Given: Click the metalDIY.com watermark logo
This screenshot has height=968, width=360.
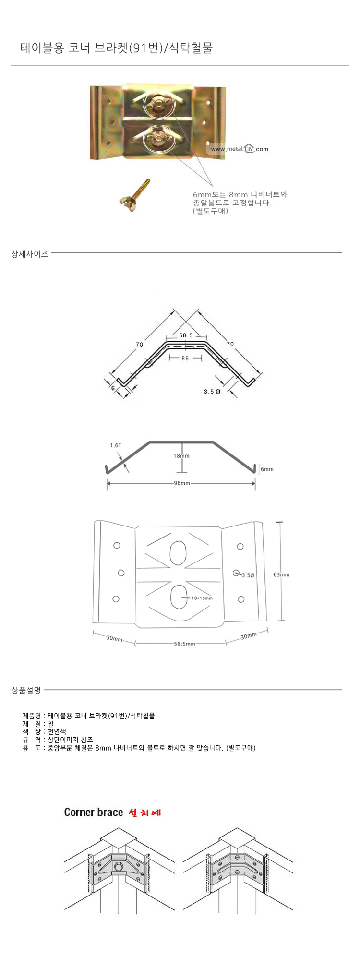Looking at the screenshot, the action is [239, 149].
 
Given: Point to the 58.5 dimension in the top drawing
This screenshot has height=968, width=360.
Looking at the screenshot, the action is [186, 335].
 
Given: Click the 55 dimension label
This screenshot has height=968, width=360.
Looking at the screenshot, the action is [185, 359].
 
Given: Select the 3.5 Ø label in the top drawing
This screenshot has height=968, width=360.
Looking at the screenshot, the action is [212, 392].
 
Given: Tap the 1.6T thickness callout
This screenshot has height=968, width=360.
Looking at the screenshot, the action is [115, 445].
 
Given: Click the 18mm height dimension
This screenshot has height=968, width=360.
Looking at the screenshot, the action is [181, 456].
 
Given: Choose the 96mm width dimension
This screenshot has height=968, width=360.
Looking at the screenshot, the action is [182, 483].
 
